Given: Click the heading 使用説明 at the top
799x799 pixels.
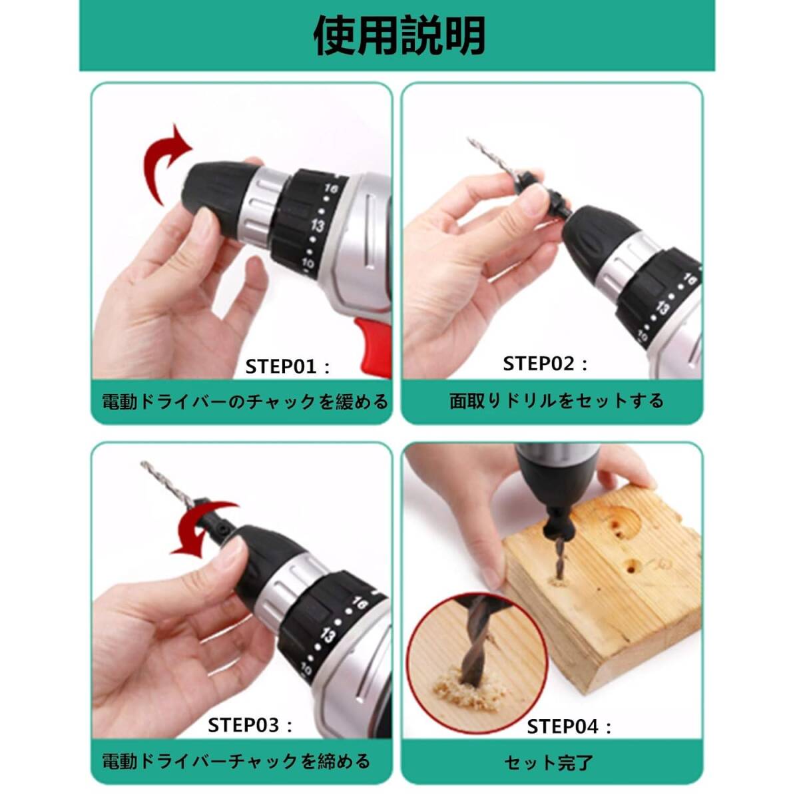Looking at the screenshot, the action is point(399,37).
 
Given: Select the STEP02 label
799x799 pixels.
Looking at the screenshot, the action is point(545,364).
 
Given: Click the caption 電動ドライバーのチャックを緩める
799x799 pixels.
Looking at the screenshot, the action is point(244,401).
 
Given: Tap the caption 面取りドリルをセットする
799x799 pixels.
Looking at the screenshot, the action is point(557,401).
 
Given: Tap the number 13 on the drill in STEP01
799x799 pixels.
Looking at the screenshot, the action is point(318,226).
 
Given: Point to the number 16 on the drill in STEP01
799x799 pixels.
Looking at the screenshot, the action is point(332,190).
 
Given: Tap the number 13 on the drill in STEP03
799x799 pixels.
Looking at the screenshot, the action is point(328,635).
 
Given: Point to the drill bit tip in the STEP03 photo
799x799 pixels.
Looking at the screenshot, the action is point(144,463).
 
